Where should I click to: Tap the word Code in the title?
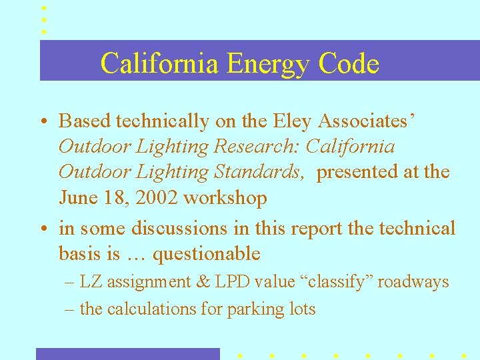349,64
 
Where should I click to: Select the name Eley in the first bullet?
293,121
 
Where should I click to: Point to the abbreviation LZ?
91,282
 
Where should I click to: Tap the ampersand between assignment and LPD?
203,282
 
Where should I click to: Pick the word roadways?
413,282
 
